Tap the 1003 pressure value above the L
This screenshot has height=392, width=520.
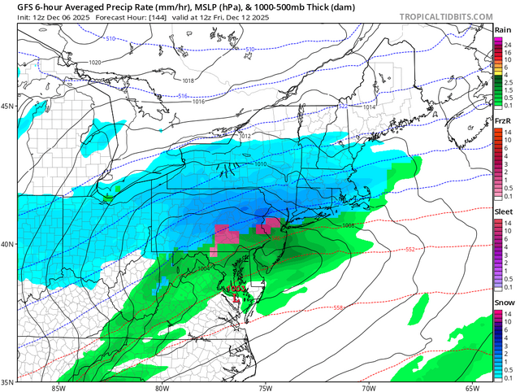tap(237, 289)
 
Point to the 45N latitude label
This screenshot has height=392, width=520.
tap(8, 107)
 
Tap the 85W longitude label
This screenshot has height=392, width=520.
tap(58, 387)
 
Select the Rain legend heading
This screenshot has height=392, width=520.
tap(504, 30)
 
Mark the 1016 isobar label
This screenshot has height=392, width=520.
tap(198, 102)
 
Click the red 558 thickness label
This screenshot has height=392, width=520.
tap(337, 307)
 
